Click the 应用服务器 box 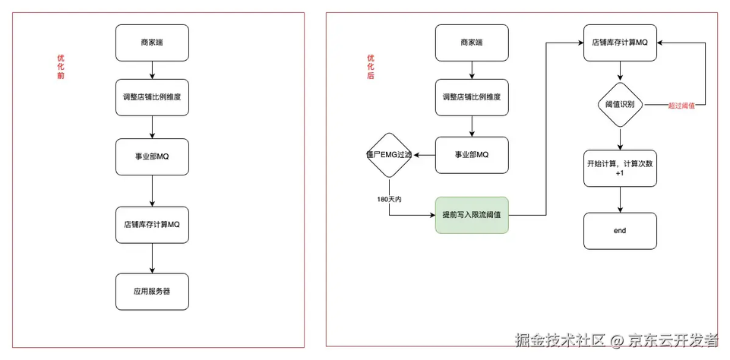pos(152,292)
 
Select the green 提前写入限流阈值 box pos(472,215)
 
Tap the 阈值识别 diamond pos(620,105)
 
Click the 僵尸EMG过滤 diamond pos(389,155)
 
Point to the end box pos(620,231)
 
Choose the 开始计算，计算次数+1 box pos(620,169)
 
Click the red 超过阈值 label pos(681,106)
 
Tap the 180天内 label pos(389,199)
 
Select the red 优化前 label pos(61,67)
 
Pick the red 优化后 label pos(371,67)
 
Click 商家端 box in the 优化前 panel pos(152,43)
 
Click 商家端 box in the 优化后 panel pos(472,43)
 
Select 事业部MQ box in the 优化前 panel pos(152,156)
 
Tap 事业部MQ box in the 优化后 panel pos(472,155)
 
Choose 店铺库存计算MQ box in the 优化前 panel pos(152,225)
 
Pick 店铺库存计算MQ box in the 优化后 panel pos(620,43)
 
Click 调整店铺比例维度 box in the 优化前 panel pos(152,97)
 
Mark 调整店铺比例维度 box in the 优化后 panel pos(472,97)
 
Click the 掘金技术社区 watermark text pos(560,340)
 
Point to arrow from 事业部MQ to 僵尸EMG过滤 pos(424,155)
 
